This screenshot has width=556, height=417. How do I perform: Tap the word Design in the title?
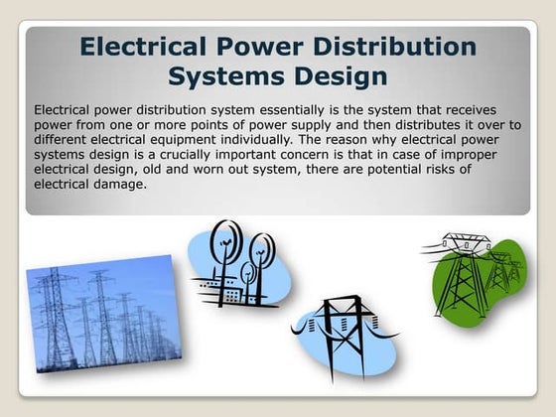pyautogui.click(x=331, y=75)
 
